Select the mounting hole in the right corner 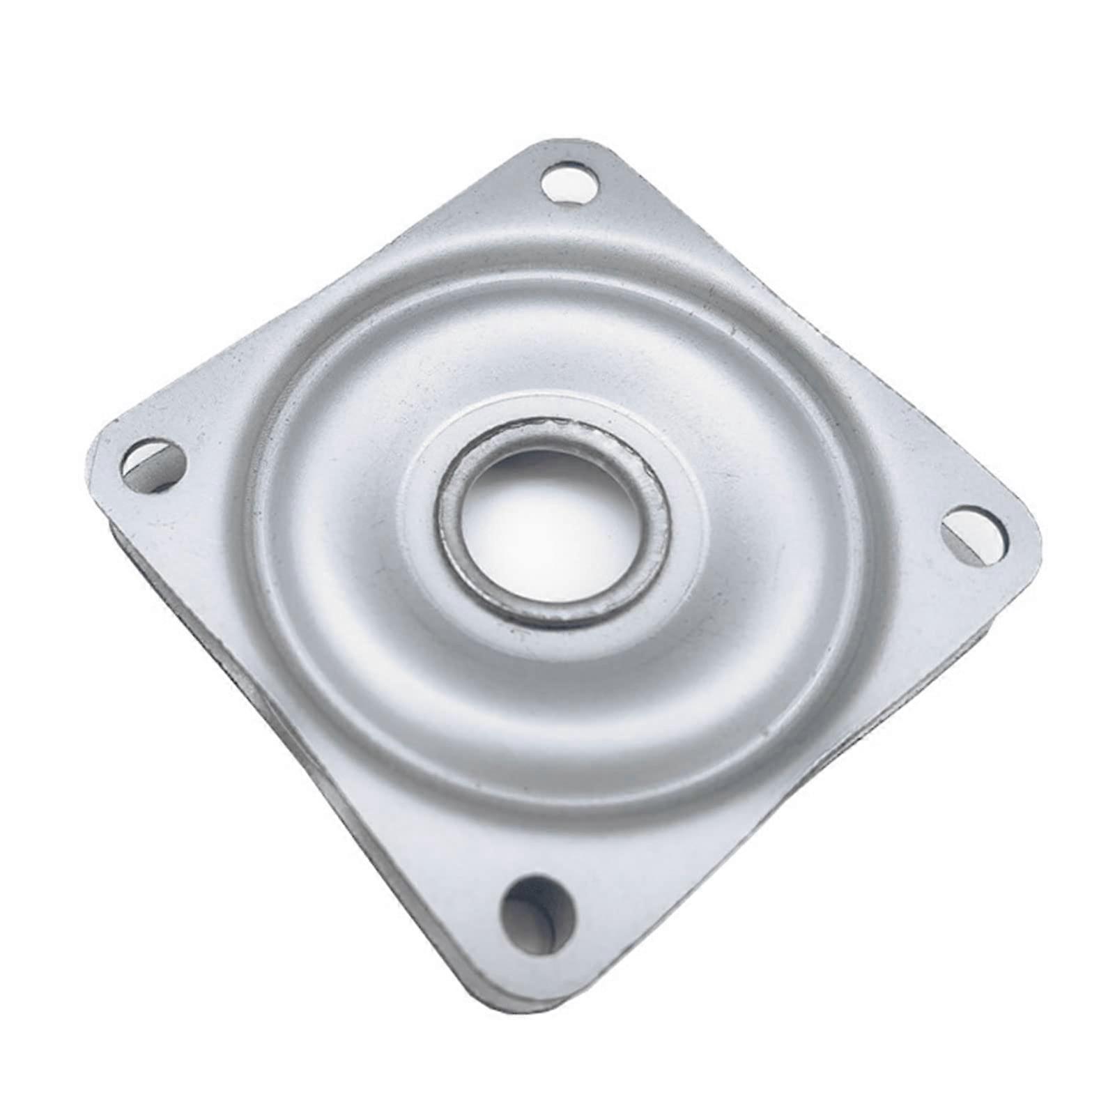click(976, 533)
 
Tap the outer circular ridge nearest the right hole click(864, 557)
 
